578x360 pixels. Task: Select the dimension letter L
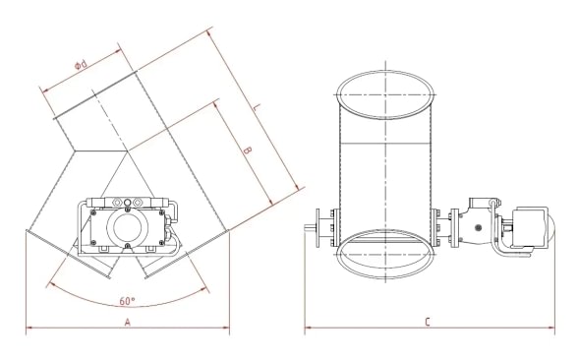[x=255, y=106]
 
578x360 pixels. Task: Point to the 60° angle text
[x=128, y=300]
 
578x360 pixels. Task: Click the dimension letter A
[x=127, y=322]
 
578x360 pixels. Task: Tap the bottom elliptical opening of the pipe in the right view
[x=385, y=254]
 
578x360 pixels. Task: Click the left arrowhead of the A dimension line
[x=29, y=329]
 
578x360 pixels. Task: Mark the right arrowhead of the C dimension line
[x=550, y=329]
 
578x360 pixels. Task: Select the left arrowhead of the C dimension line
[x=309, y=329]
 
